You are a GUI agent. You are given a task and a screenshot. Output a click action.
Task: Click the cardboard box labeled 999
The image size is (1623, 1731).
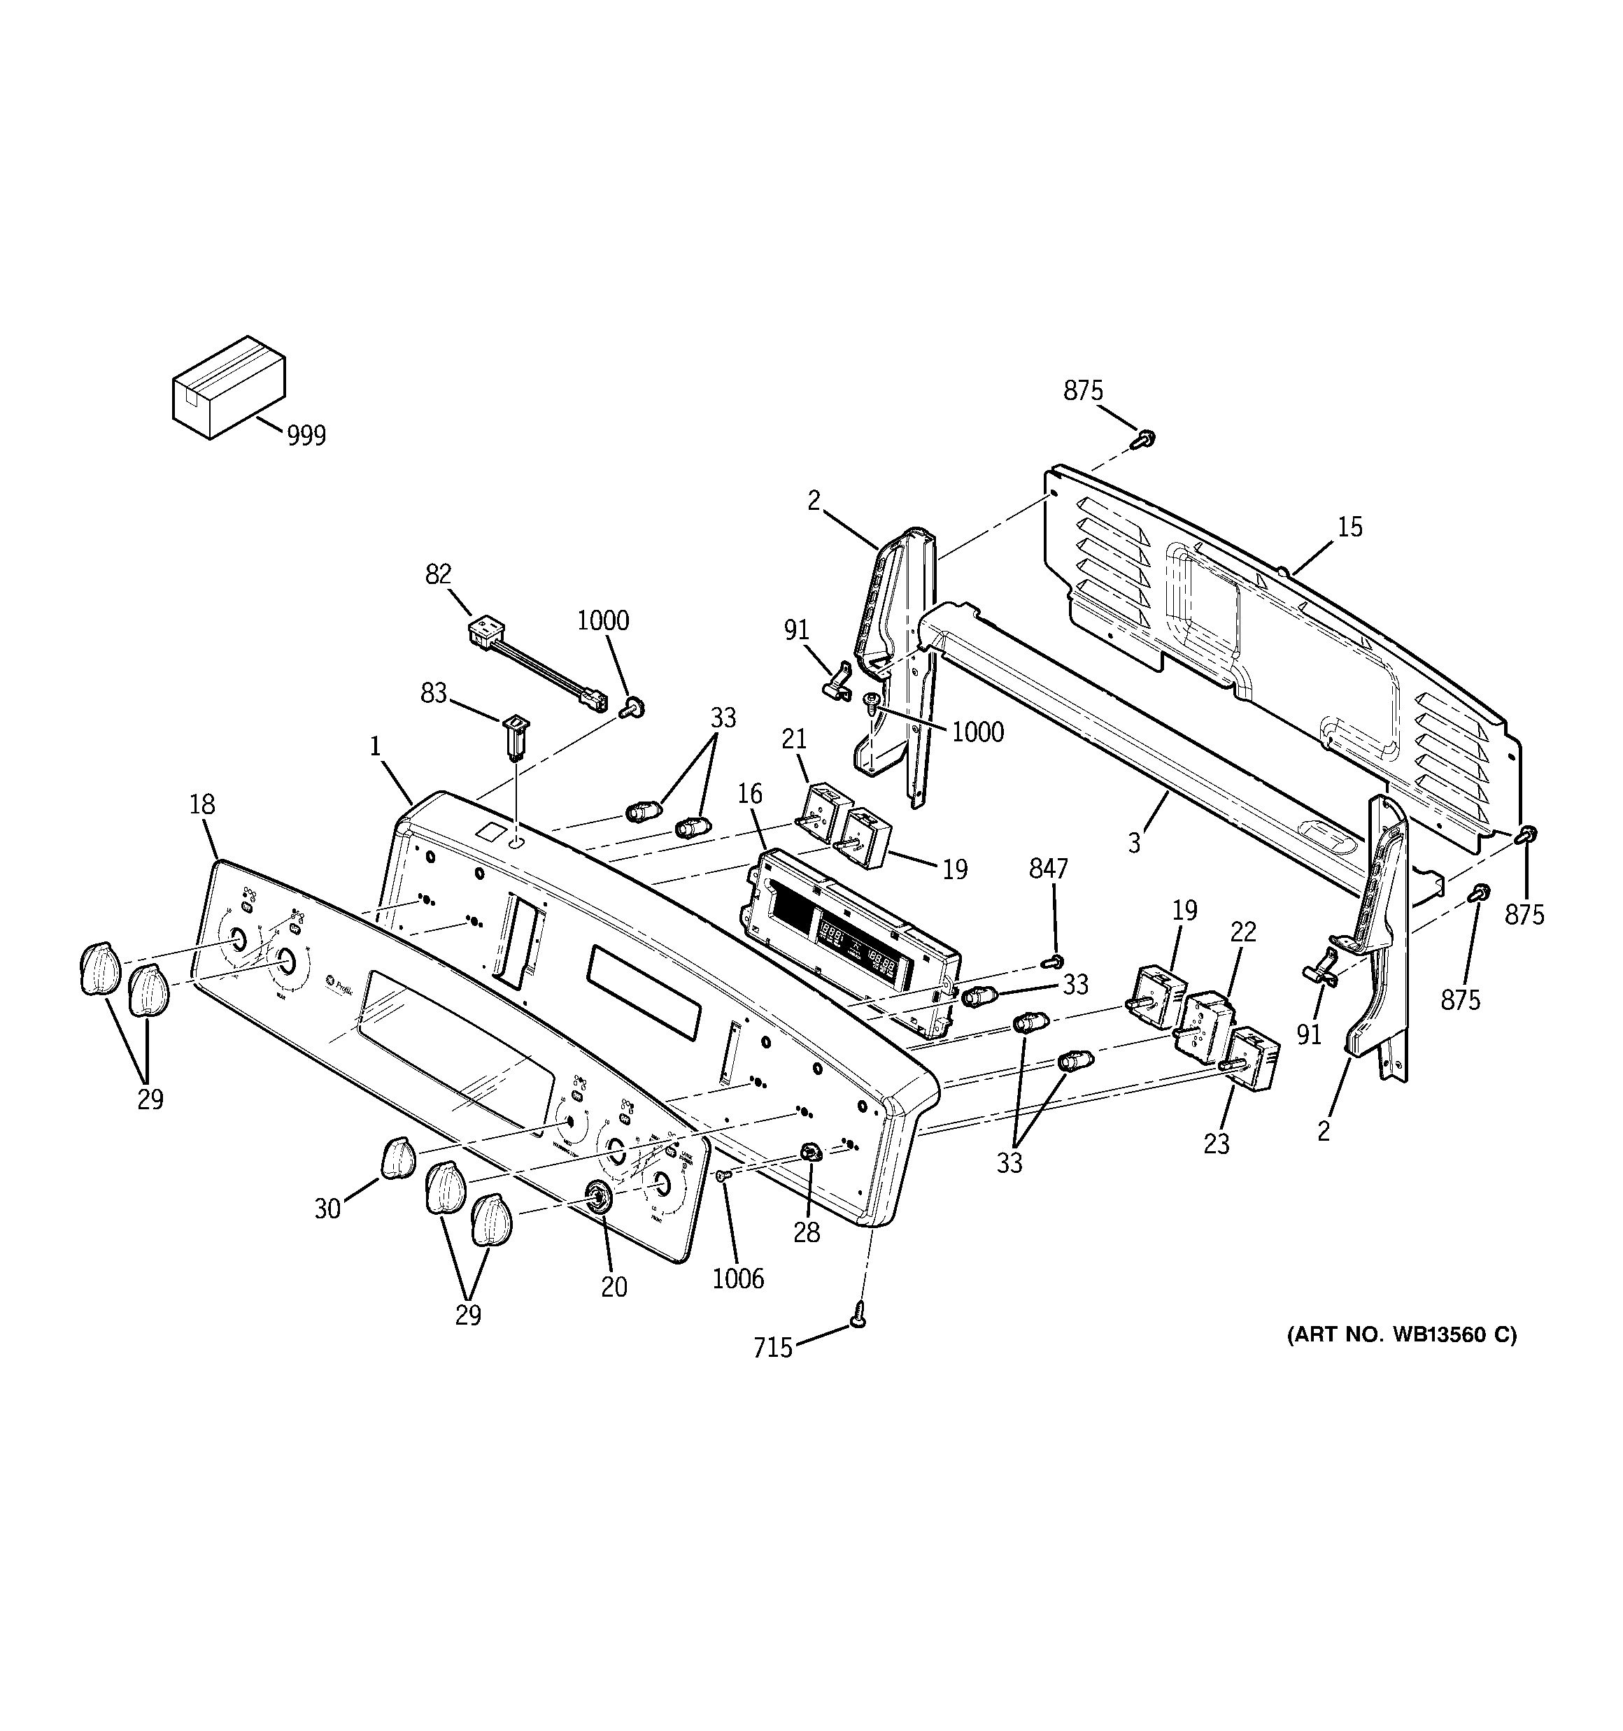(x=228, y=387)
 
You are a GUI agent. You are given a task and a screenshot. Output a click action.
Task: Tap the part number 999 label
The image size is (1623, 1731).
(x=306, y=435)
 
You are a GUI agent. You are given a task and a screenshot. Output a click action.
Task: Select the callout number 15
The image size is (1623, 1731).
(x=1349, y=527)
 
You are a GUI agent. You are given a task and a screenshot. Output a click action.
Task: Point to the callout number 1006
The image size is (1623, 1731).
(x=738, y=1278)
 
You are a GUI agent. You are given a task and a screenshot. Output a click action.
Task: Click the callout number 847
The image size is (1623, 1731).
(x=1048, y=868)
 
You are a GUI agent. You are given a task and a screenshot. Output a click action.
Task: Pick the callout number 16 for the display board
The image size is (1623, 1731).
(x=749, y=793)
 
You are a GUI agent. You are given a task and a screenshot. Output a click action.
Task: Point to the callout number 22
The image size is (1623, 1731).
(x=1243, y=932)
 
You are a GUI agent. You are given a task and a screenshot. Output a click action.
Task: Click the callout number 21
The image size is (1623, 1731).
(x=793, y=739)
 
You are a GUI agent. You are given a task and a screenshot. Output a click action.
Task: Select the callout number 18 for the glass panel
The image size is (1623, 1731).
(x=202, y=804)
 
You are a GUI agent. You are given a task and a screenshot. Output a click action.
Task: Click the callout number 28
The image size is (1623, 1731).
(x=807, y=1232)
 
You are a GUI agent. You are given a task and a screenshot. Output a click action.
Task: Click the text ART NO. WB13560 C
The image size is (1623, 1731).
(x=1402, y=1359)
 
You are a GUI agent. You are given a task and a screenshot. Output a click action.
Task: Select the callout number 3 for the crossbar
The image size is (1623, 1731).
(x=1133, y=843)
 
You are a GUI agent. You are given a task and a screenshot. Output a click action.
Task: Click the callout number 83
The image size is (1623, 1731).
(x=434, y=693)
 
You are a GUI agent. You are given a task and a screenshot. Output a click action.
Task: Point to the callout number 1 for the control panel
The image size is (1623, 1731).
(x=374, y=746)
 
